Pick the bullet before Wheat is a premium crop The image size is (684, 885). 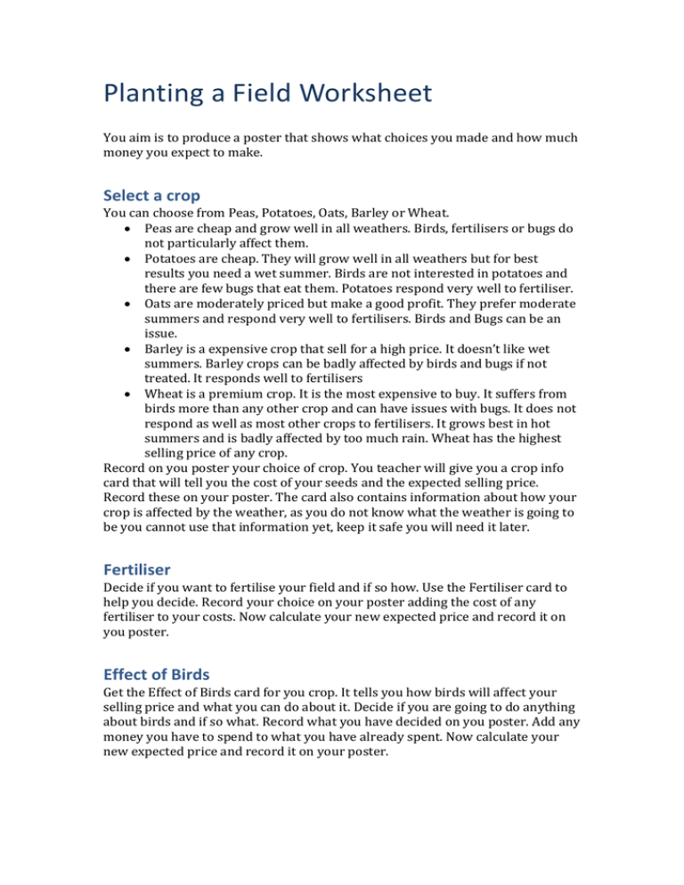(x=131, y=391)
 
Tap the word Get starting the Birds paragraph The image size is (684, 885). (x=114, y=696)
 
